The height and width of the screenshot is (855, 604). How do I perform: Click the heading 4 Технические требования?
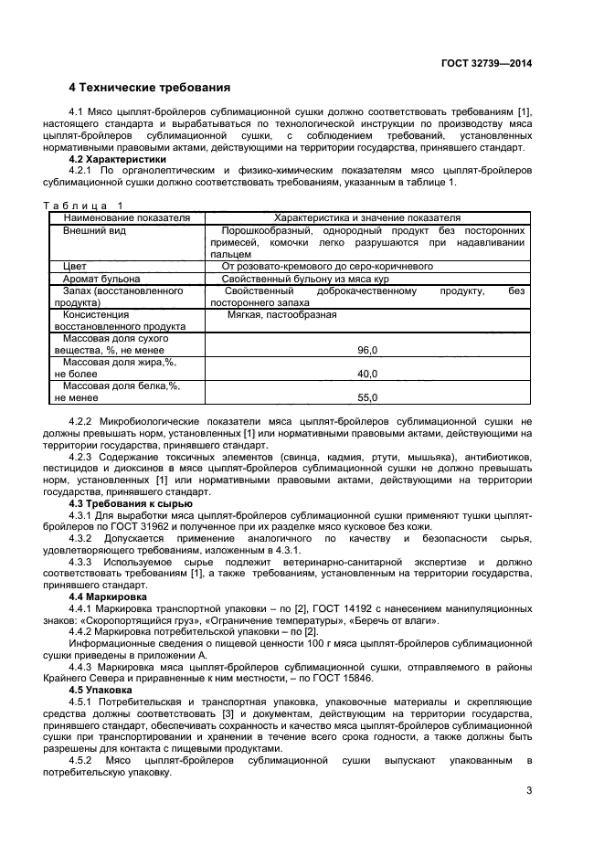[x=149, y=88]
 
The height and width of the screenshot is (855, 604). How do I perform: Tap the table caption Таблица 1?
[x=82, y=206]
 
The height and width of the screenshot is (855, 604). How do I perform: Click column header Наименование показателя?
[x=126, y=218]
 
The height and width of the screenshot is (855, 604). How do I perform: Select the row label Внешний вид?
[x=94, y=231]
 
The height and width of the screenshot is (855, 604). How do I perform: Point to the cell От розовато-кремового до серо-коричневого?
[x=327, y=266]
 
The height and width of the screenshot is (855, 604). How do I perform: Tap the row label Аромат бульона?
[x=101, y=279]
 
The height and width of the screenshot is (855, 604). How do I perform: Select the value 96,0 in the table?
[x=367, y=350]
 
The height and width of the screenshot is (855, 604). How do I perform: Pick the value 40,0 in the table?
[x=367, y=374]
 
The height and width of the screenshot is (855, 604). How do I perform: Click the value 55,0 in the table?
[x=367, y=397]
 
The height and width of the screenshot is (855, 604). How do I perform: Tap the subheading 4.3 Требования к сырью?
[x=131, y=503]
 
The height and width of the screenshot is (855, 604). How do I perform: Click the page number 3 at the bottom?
[x=528, y=791]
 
